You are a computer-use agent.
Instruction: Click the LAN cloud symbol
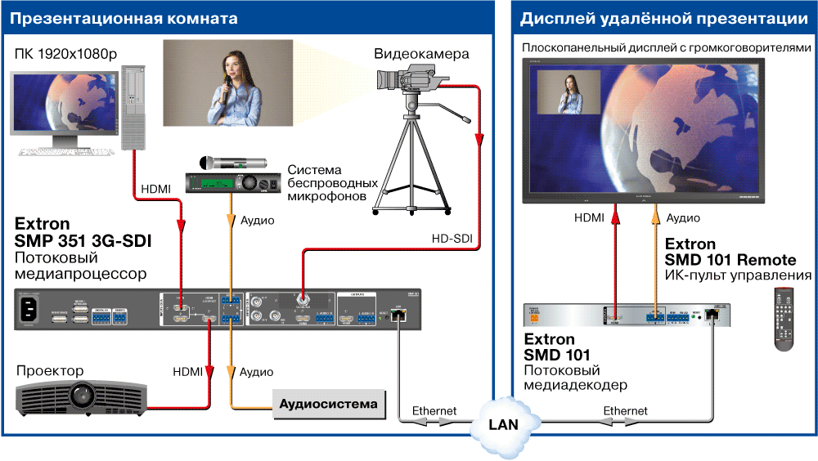(502, 423)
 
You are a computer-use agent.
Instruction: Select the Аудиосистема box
(329, 404)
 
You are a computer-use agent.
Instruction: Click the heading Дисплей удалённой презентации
(664, 17)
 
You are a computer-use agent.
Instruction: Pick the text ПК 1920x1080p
(65, 54)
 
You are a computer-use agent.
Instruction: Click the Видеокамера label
(421, 54)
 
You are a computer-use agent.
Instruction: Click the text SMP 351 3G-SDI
(83, 241)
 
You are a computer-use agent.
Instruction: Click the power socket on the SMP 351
(32, 309)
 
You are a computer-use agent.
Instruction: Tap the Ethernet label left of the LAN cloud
(434, 410)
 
